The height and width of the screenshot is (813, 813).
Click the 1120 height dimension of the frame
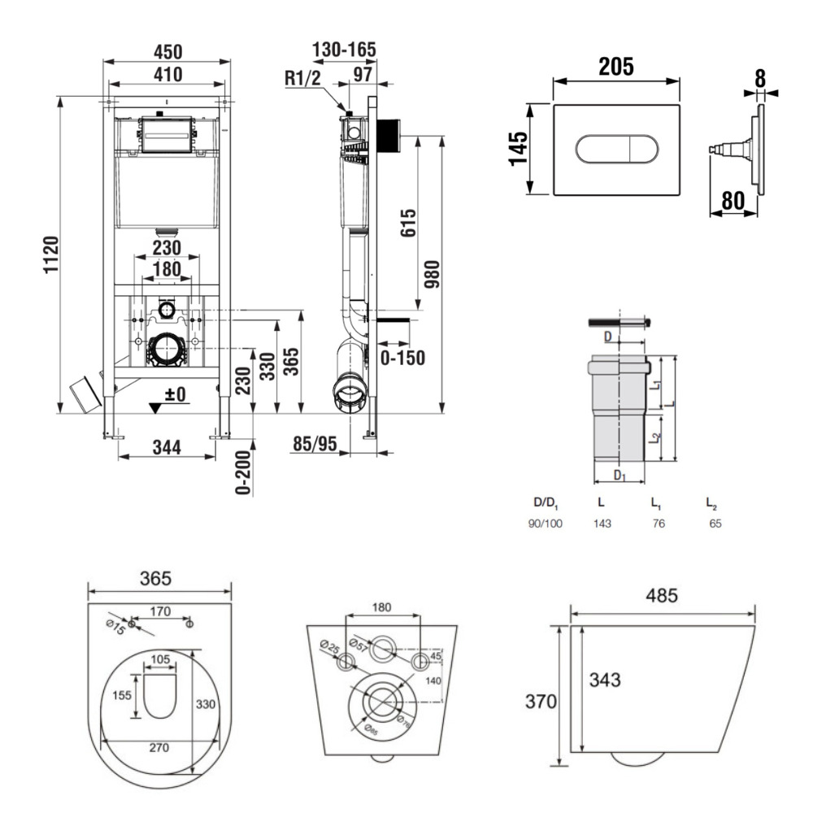point(50,254)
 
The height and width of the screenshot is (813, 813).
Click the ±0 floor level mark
point(176,394)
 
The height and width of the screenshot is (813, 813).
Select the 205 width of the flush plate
point(615,67)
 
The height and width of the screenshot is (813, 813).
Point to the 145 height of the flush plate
point(519,149)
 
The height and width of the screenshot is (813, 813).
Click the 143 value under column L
point(602,524)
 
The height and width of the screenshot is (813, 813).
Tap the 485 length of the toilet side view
point(662,597)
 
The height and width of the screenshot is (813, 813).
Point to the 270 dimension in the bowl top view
point(159,747)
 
